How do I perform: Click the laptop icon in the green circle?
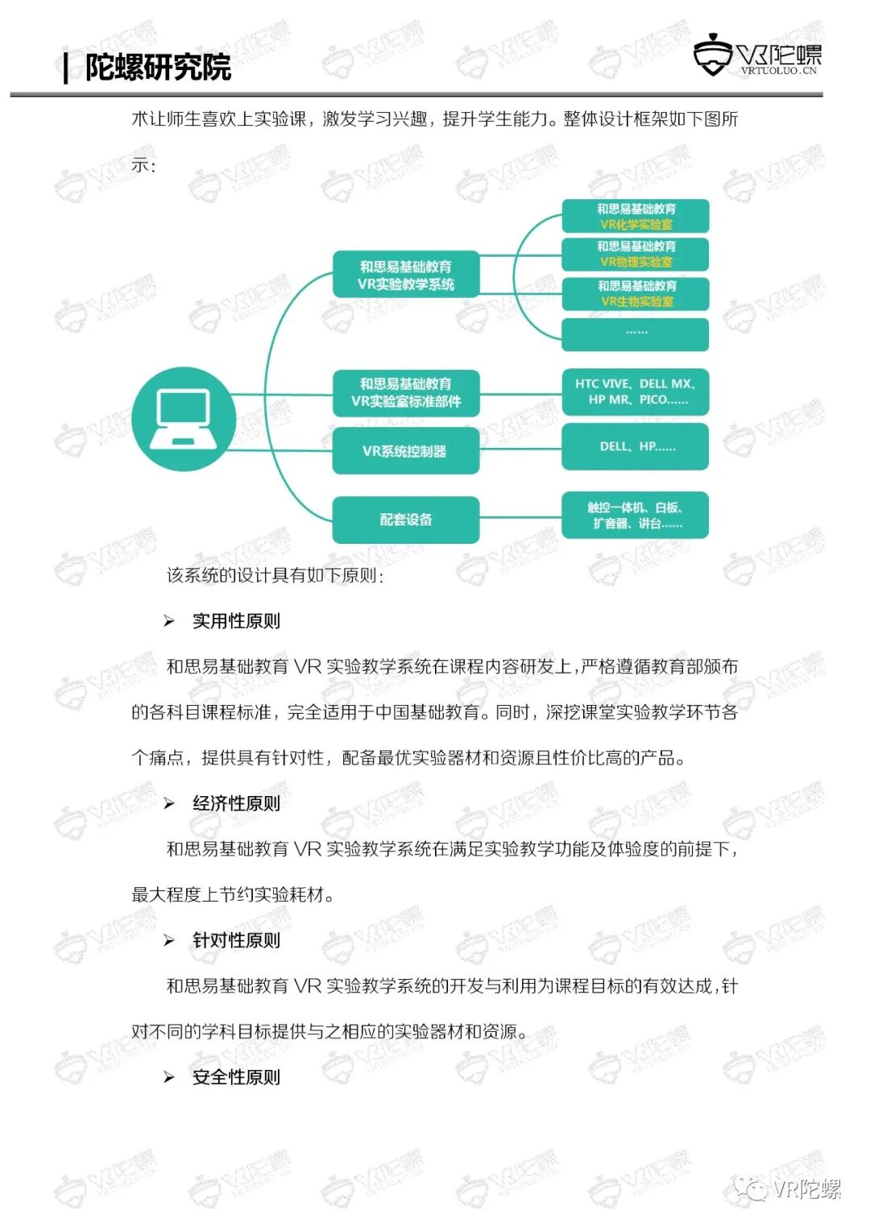pyautogui.click(x=184, y=419)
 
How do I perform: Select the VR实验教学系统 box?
pyautogui.click(x=406, y=275)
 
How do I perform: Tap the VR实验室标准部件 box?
pyautogui.click(x=406, y=392)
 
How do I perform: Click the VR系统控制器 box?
pyautogui.click(x=406, y=451)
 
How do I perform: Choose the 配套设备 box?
pyautogui.click(x=406, y=520)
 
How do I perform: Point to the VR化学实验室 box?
pyautogui.click(x=636, y=216)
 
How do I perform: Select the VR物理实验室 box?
pyautogui.click(x=636, y=254)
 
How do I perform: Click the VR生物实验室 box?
pyautogui.click(x=636, y=293)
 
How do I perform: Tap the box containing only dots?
pyautogui.click(x=636, y=334)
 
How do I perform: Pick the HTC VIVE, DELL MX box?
pyautogui.click(x=636, y=392)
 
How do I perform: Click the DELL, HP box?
pyautogui.click(x=636, y=446)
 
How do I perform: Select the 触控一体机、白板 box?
pyautogui.click(x=636, y=515)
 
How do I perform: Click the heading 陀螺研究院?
pyautogui.click(x=158, y=67)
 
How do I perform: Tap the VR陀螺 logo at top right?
pyautogui.click(x=757, y=56)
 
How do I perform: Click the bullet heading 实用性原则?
pyautogui.click(x=236, y=621)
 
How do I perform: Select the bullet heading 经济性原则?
pyautogui.click(x=236, y=803)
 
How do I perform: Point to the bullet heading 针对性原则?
pyautogui.click(x=236, y=940)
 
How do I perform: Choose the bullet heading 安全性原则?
pyautogui.click(x=236, y=1077)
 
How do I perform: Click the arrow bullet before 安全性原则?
pyautogui.click(x=169, y=1077)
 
